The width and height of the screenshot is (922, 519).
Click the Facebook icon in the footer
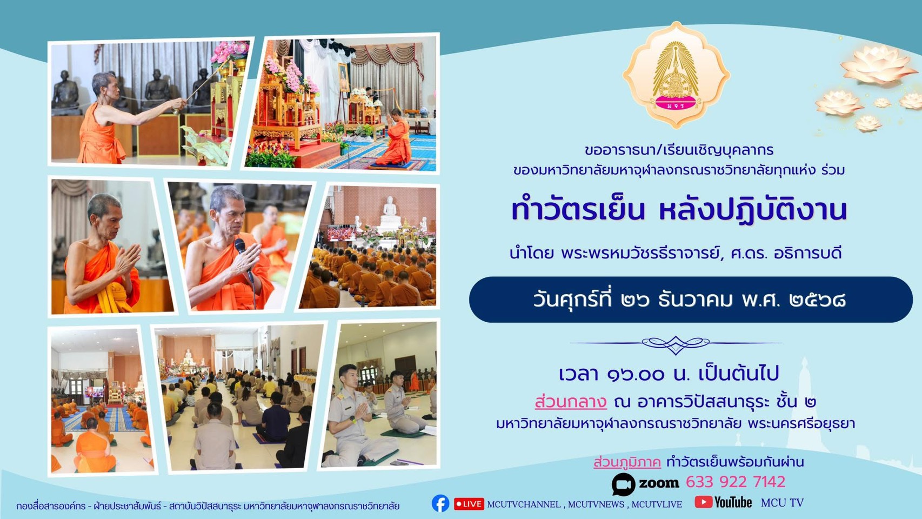point(440,503)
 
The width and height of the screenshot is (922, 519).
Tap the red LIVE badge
point(469,504)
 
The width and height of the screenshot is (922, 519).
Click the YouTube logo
point(723,502)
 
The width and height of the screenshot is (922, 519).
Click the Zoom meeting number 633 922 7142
point(736,482)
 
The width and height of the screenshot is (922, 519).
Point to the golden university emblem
point(676,75)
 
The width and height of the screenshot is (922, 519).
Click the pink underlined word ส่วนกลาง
point(571,402)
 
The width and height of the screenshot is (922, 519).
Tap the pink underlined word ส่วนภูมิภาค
point(627,462)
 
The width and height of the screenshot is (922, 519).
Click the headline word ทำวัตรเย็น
point(578,211)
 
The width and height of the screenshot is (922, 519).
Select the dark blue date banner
point(691,300)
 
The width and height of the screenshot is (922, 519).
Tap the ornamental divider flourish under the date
point(676,344)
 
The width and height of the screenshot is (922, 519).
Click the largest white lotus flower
point(877,65)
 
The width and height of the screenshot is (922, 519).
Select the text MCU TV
point(782,503)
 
